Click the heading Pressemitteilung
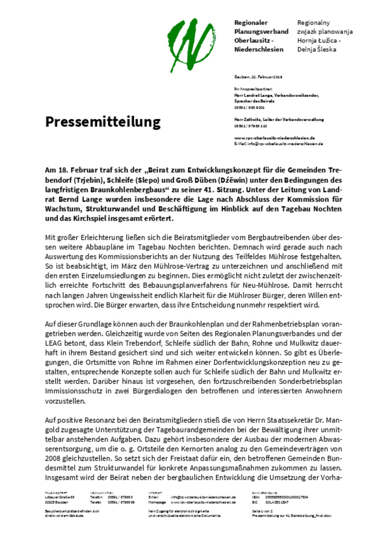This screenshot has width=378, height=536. point(103,122)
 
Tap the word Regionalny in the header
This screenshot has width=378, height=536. point(313,23)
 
